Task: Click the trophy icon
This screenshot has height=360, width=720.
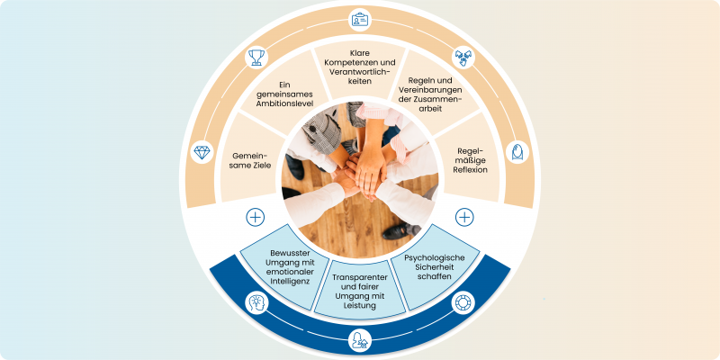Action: pyautogui.click(x=256, y=58)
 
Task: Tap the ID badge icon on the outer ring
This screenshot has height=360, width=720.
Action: pyautogui.click(x=360, y=19)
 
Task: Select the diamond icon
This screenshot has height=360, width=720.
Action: pyautogui.click(x=202, y=152)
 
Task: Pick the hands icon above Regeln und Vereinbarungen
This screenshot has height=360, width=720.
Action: pyautogui.click(x=463, y=58)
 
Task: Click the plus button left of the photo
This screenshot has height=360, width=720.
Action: pyautogui.click(x=256, y=217)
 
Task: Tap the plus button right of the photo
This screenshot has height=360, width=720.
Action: pyautogui.click(x=464, y=217)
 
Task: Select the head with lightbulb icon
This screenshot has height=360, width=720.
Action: pyautogui.click(x=256, y=302)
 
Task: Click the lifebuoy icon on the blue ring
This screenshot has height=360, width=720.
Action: pyautogui.click(x=463, y=302)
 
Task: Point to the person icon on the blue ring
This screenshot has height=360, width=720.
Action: pyautogui.click(x=360, y=340)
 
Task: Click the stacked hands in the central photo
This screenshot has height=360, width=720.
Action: pyautogui.click(x=364, y=171)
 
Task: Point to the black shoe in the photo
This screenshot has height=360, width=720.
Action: pyautogui.click(x=396, y=231)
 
